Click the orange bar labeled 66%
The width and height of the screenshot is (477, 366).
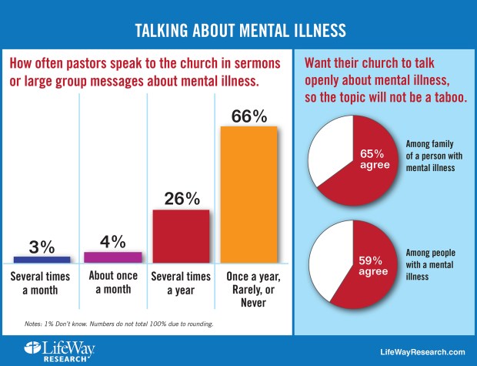tap(249, 193)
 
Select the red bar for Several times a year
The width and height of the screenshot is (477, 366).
tap(181, 235)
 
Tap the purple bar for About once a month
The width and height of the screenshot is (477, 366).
tap(112, 257)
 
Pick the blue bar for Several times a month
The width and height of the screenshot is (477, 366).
tap(42, 259)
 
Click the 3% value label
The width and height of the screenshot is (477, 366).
tap(42, 246)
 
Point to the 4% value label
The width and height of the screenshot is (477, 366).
tap(112, 241)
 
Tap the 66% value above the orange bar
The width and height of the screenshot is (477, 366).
tap(249, 116)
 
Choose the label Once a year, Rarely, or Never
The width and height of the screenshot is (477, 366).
tap(251, 290)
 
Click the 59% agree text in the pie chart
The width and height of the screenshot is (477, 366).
tap(368, 264)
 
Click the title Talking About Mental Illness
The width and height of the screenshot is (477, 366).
tap(239, 30)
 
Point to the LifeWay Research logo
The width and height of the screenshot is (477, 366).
tap(52, 349)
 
